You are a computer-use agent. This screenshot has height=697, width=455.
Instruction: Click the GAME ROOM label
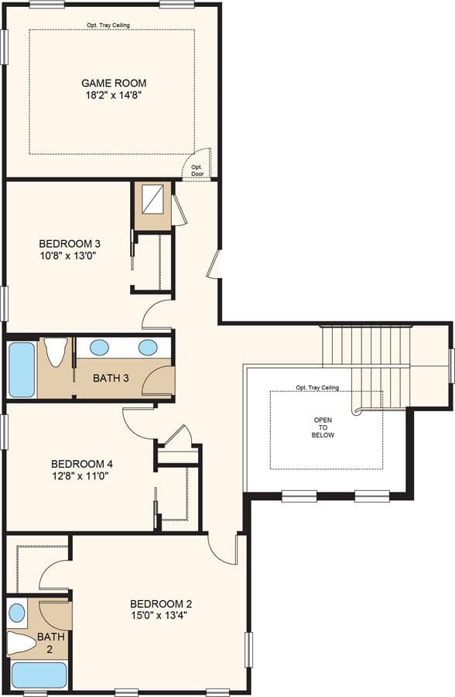point(114,83)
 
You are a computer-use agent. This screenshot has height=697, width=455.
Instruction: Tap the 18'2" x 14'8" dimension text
point(114,95)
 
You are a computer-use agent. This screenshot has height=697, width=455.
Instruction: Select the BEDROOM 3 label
point(70,244)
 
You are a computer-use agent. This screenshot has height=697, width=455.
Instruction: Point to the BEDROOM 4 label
point(82,464)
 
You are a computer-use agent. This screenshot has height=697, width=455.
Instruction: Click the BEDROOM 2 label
point(161,604)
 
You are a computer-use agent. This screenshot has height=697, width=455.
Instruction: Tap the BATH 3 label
point(111,378)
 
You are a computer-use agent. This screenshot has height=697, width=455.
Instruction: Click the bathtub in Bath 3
point(22,369)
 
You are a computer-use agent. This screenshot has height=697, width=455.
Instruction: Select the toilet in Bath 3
point(56,352)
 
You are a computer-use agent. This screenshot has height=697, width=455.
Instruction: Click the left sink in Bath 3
point(99,347)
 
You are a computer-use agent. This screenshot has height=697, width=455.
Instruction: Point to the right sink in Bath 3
point(148,347)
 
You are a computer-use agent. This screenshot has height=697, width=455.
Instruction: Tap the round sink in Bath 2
point(17,613)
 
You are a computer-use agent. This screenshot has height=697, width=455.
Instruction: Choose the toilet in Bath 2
point(22,642)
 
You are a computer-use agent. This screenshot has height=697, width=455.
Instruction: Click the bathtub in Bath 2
point(39,675)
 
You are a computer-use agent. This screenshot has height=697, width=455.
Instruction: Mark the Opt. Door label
point(197,170)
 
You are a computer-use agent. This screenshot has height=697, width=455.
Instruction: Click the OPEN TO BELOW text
point(323,427)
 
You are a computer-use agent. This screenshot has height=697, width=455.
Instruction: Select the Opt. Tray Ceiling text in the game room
point(108,26)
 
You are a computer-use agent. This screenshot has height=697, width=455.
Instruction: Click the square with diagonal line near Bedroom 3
point(152,200)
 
